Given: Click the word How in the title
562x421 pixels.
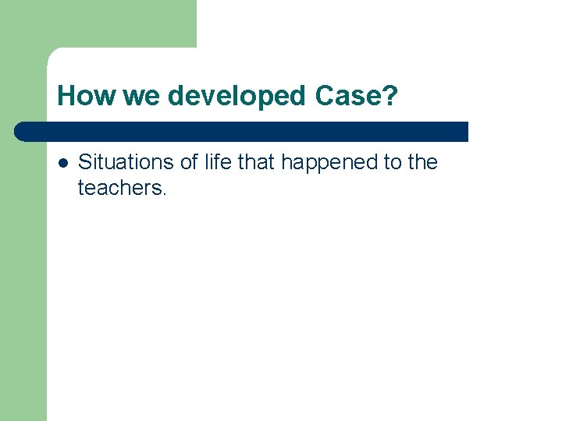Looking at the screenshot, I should (x=84, y=97).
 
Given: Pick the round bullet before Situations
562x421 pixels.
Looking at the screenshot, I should (x=62, y=163).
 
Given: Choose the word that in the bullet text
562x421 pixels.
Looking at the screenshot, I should (x=257, y=162).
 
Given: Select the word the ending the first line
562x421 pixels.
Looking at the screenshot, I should (x=424, y=162).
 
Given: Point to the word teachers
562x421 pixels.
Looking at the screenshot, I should (x=119, y=187).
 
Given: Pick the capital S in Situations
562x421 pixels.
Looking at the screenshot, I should (x=85, y=162).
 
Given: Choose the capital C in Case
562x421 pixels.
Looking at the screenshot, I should (x=324, y=97).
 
